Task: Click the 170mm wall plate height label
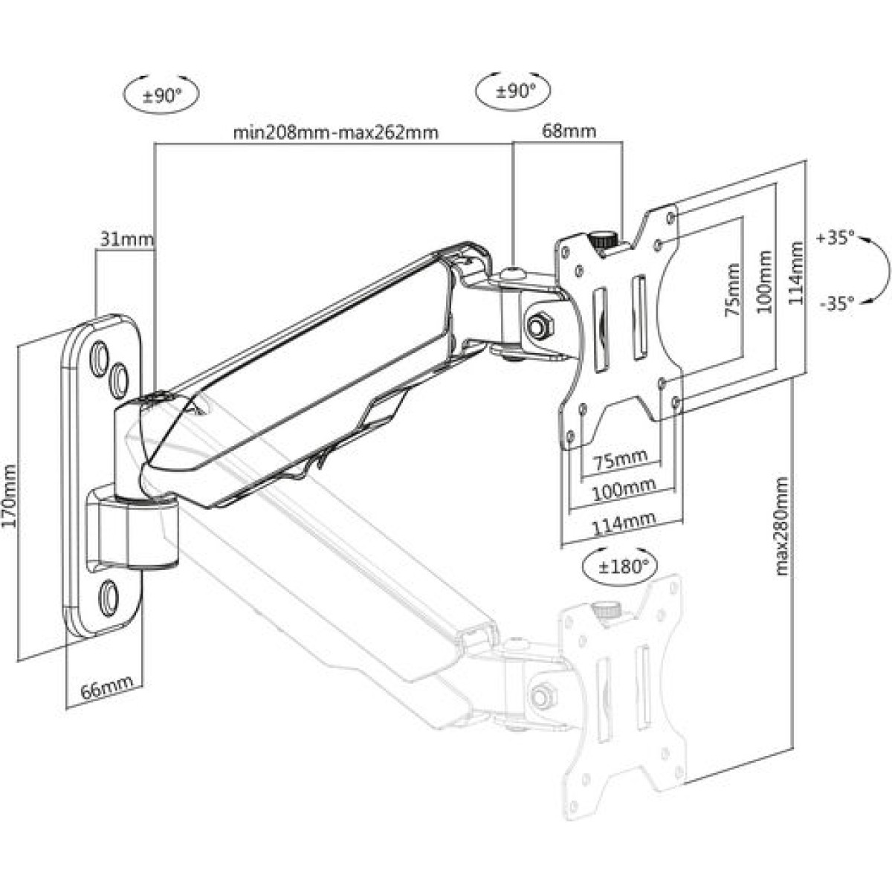[10, 496]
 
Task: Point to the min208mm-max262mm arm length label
[335, 133]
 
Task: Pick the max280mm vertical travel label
[782, 527]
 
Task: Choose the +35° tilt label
[835, 239]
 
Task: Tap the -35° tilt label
[835, 303]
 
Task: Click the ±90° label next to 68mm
[514, 91]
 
